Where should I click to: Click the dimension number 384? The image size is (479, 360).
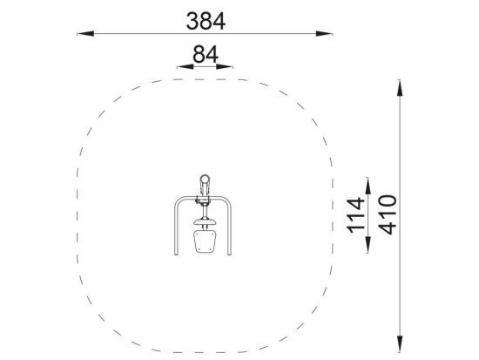coord(206,21)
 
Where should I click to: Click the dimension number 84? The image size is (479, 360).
coord(206,54)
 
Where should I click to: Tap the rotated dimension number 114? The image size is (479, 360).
coord(356,215)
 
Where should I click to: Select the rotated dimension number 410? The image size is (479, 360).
coord(388,214)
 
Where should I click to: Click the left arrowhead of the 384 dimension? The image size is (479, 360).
coord(85,34)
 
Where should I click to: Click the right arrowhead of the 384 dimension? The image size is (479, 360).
coord(324,34)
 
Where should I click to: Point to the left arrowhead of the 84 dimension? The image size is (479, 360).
coord(186,66)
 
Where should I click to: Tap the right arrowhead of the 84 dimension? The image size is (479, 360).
coord(225,66)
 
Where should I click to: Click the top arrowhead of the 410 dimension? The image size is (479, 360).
coord(400,88)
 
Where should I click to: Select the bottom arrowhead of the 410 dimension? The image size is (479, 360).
coord(400,343)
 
